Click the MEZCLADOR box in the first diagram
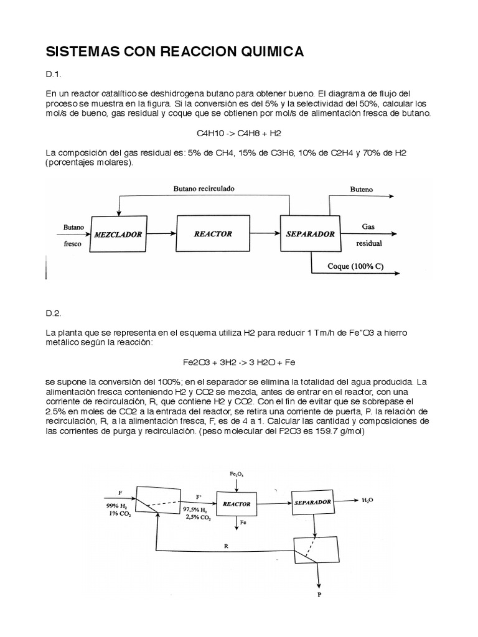tap(118, 235)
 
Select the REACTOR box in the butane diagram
tap(213, 234)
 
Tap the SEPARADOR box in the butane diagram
tap(310, 234)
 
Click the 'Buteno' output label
tap(361, 187)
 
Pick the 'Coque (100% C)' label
tap(355, 266)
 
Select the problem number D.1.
tap(54, 75)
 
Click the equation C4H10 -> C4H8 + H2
tap(238, 133)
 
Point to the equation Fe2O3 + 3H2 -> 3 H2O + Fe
tap(238, 362)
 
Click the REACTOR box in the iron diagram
tap(236, 504)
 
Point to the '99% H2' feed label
tap(116, 505)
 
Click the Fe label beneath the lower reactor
tap(243, 523)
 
